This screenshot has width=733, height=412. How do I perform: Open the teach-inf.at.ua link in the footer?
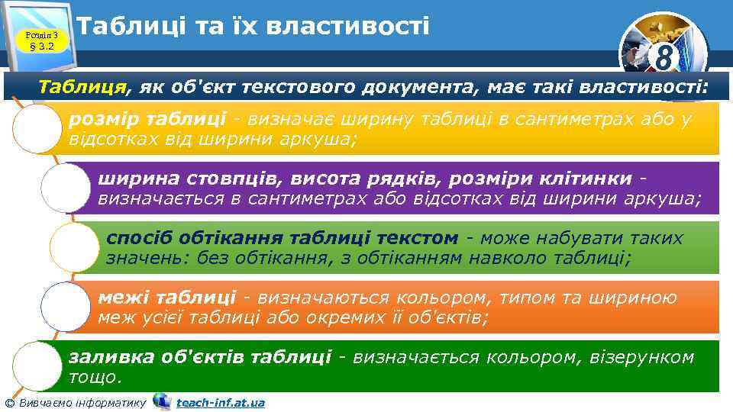(220, 402)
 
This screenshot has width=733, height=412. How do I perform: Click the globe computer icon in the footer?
(161, 401)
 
